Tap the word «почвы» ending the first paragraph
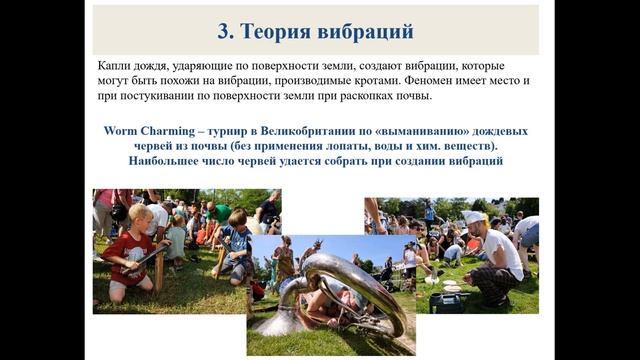click(x=413, y=96)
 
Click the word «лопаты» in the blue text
click(x=354, y=145)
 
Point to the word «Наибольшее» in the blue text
click(x=172, y=160)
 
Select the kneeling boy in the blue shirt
click(x=236, y=245)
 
